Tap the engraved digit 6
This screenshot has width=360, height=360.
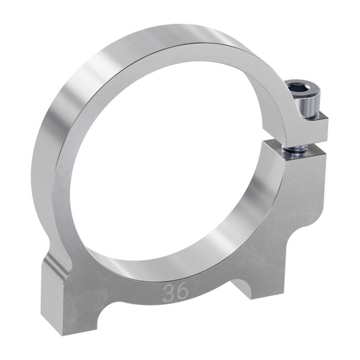pyautogui.click(x=183, y=292)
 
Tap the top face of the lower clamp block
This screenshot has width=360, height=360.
pyautogui.click(x=297, y=150)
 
